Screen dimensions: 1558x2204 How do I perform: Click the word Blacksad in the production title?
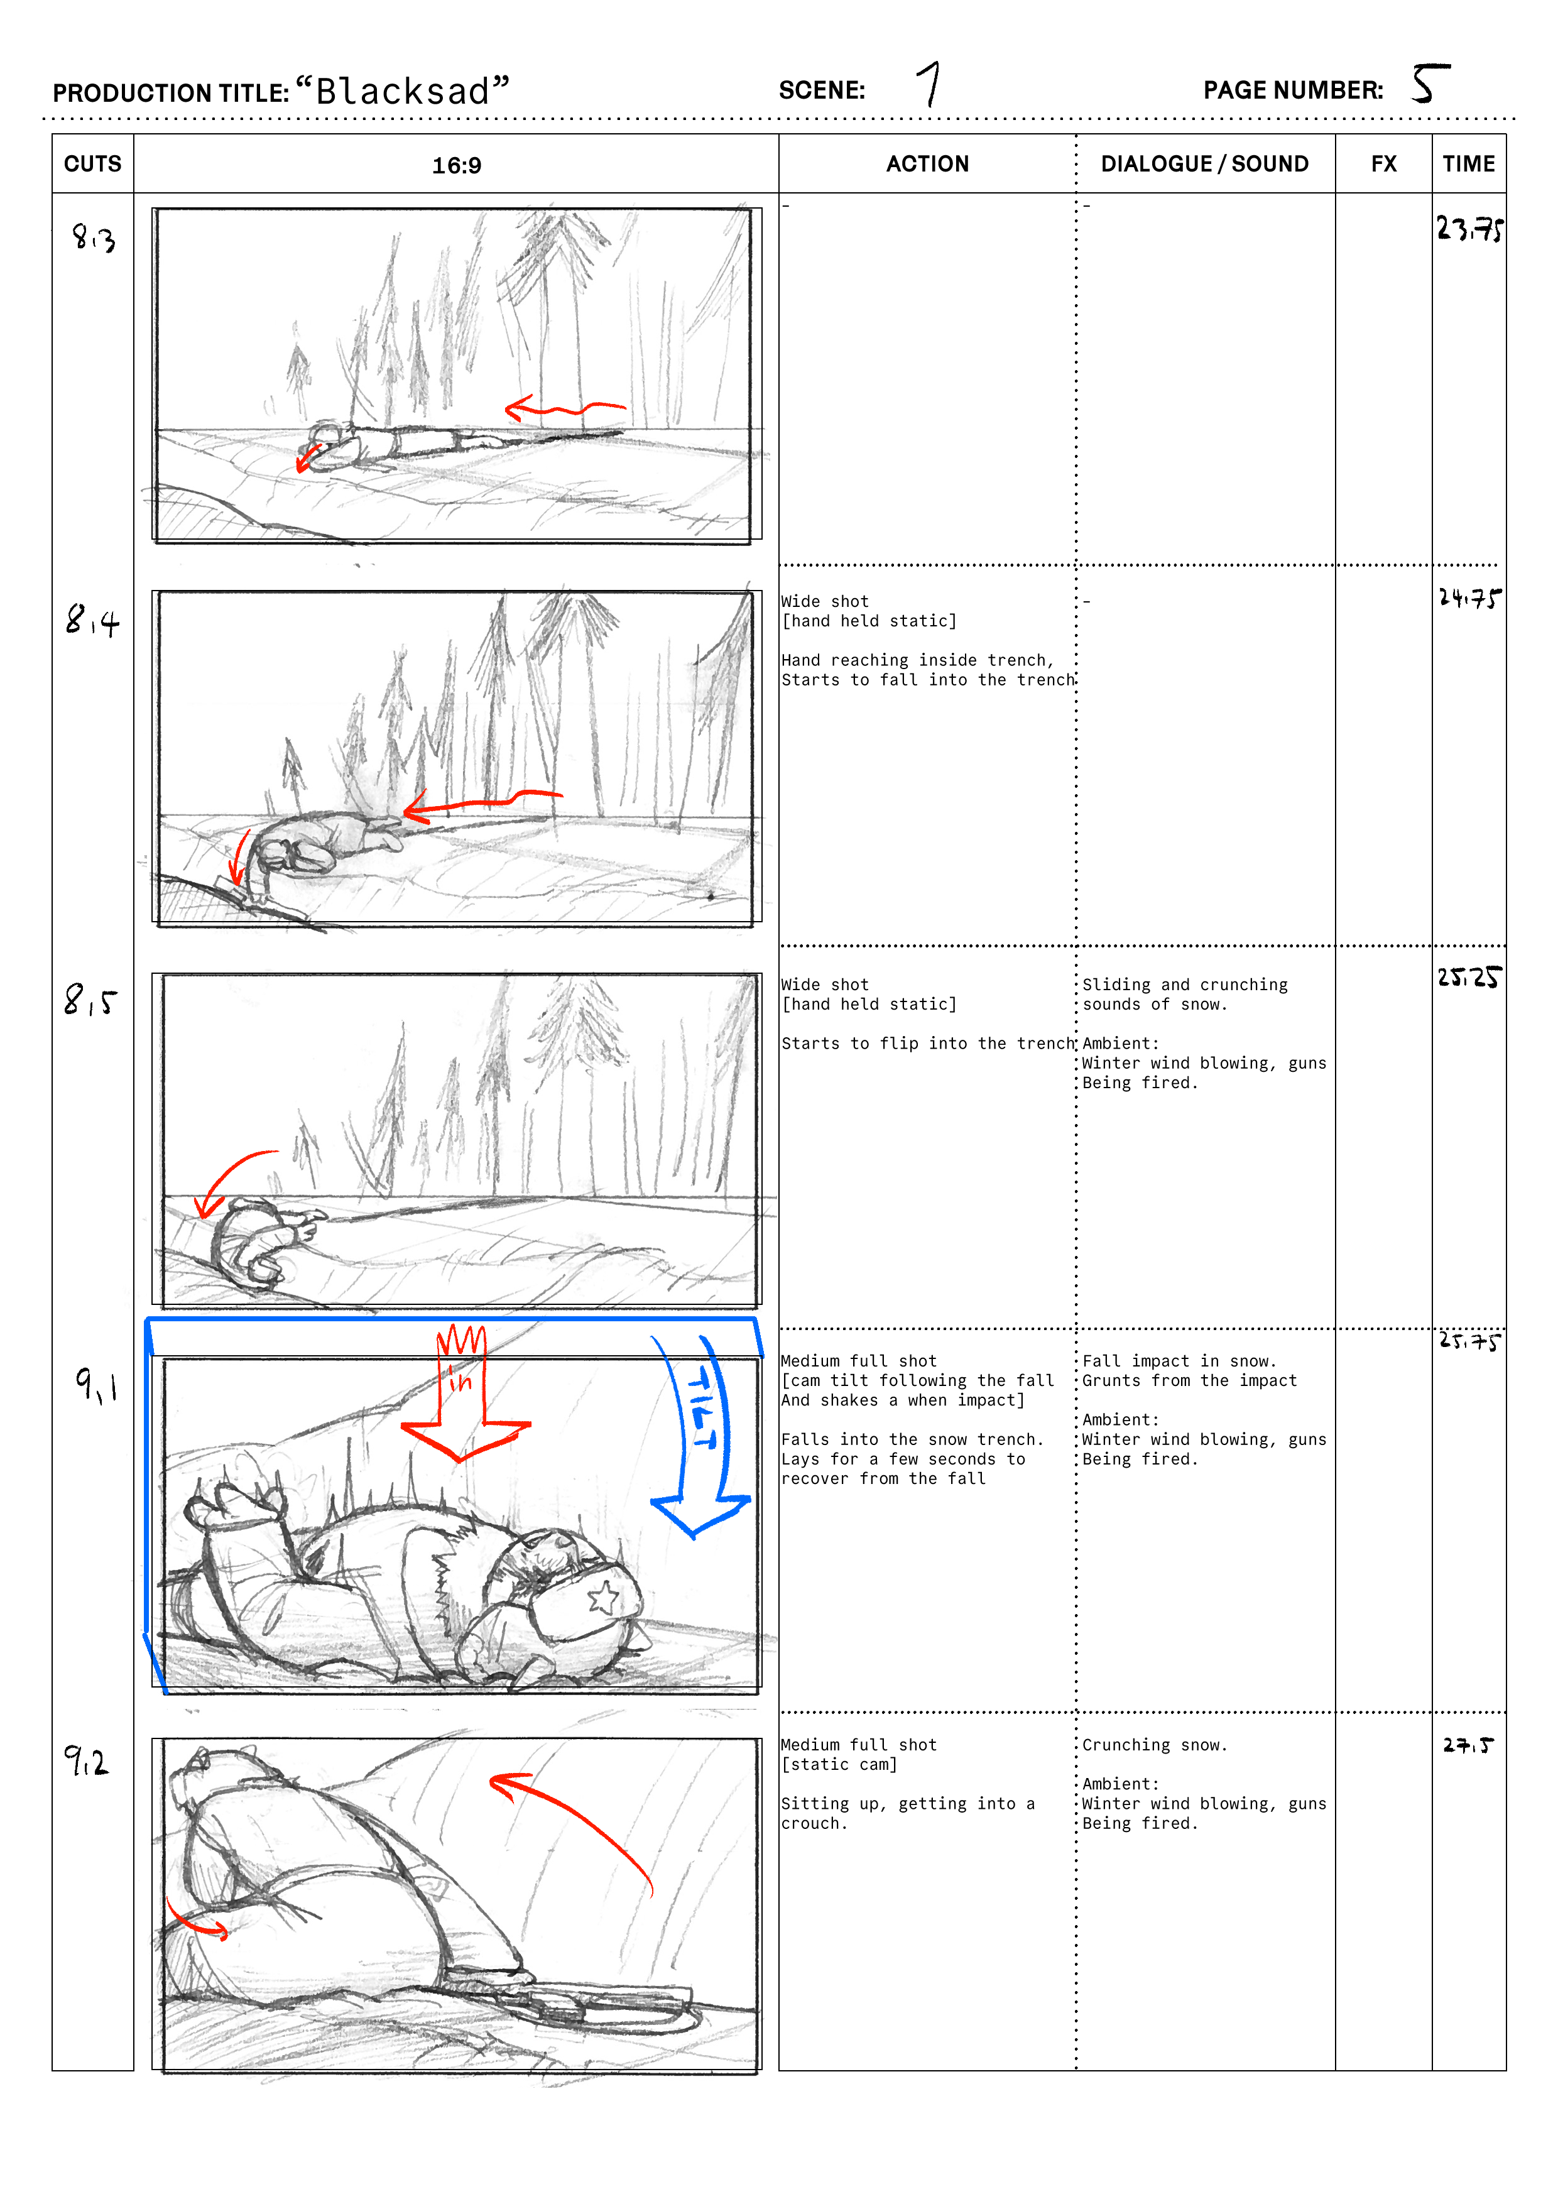[403, 91]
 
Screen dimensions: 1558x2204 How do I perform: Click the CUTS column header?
[93, 164]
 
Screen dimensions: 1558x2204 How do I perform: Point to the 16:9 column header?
[457, 165]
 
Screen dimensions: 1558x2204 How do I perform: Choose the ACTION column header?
[927, 164]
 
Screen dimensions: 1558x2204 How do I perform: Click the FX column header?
[1383, 164]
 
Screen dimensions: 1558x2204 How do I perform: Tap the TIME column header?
[1469, 164]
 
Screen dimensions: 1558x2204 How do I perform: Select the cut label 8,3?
[94, 237]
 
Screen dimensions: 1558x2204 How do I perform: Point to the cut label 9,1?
[97, 1385]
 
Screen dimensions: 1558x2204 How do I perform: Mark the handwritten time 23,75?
[1469, 229]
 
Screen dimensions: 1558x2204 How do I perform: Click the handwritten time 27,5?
[1469, 1745]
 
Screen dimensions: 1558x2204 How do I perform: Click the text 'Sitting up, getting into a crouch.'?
[908, 1813]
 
